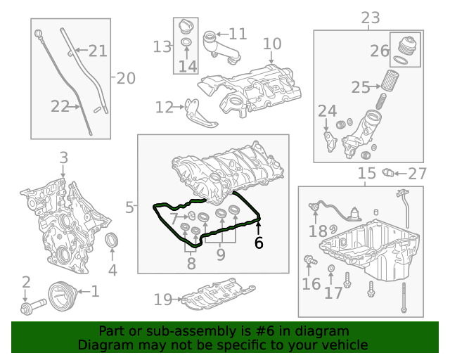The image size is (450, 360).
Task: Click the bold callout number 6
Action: pos(259,243)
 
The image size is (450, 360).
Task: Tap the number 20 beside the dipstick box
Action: pos(125,78)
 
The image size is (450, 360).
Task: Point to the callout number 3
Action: pos(63,157)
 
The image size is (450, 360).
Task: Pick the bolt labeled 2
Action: pos(33,307)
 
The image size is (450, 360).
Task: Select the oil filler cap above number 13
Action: pos(186,28)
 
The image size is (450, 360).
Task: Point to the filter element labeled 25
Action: pos(390,87)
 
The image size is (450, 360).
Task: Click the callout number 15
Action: pos(367,174)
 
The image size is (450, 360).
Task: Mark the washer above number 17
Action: pos(331,270)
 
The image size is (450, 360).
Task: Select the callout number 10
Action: pos(272,44)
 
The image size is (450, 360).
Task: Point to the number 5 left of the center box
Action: pos(130,207)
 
